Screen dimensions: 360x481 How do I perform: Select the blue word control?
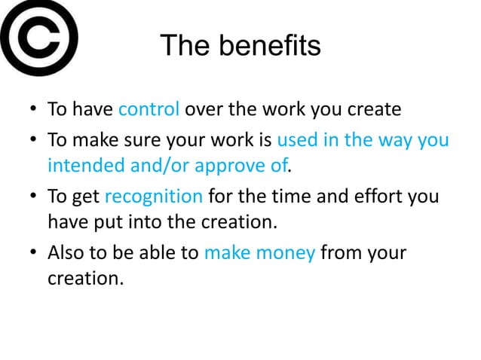149,109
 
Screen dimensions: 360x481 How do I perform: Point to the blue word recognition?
153,197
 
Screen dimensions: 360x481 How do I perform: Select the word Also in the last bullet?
66,252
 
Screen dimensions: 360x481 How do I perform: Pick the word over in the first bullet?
204,110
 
